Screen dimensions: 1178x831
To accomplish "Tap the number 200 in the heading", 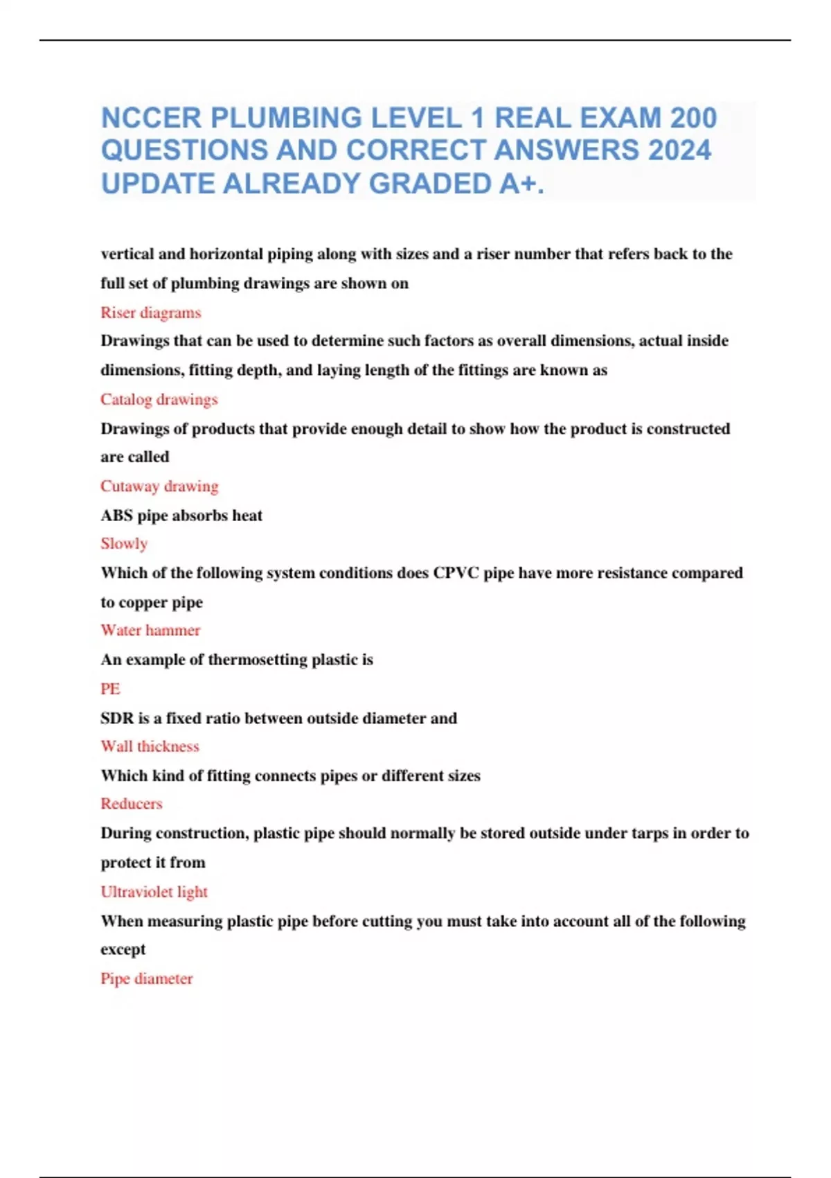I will coord(693,118).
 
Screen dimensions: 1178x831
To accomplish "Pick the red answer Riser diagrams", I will coord(150,313).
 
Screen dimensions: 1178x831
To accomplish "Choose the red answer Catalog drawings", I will coord(159,399).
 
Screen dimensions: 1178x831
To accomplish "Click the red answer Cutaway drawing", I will coord(159,486).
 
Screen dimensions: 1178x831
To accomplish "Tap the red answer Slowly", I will coord(124,543).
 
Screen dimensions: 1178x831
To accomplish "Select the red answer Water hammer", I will coord(150,630).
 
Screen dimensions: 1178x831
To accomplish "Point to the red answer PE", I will coord(110,689).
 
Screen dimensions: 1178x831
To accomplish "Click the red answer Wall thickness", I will coord(150,746).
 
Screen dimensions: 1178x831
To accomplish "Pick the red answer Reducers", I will coord(132,804).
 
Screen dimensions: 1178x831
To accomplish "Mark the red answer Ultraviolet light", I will coord(154,892).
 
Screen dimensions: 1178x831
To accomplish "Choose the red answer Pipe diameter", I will coord(147,978).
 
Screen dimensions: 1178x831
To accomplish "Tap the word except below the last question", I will coord(123,949).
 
